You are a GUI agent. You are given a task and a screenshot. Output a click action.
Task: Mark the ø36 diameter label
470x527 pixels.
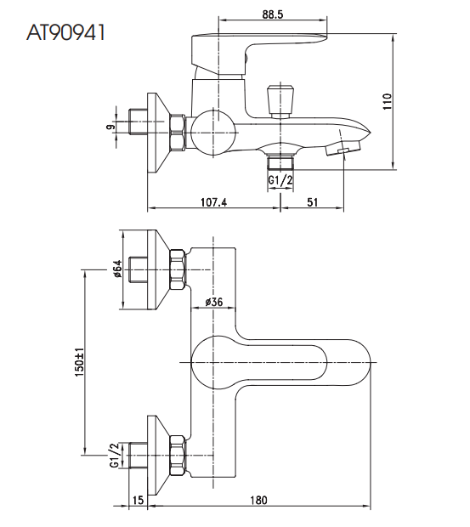[x=213, y=302]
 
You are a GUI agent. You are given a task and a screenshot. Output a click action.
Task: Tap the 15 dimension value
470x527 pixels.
[x=139, y=500]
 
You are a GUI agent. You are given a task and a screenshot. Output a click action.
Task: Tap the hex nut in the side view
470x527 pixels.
[x=178, y=133]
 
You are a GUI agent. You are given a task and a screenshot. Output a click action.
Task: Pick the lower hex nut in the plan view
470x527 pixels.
[x=178, y=456]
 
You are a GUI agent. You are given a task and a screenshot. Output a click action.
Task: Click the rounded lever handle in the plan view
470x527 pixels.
[x=280, y=363]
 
